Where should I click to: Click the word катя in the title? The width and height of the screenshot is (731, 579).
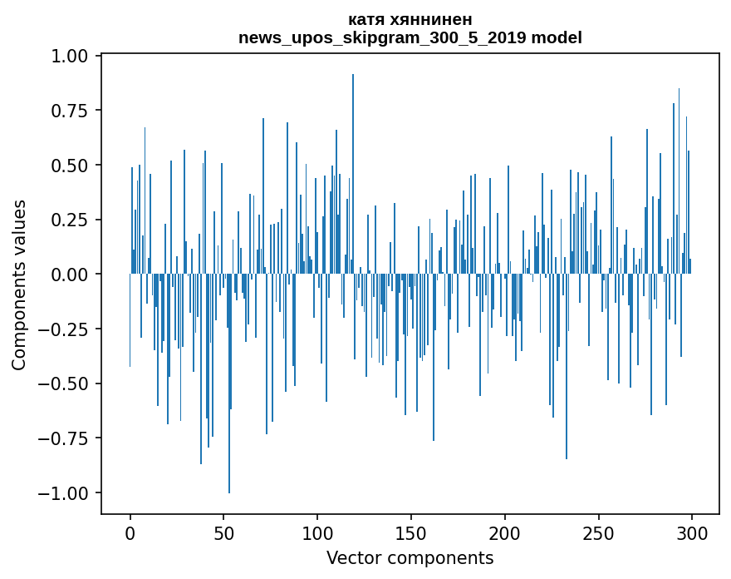[368, 20]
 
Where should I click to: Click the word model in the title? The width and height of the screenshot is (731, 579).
[557, 37]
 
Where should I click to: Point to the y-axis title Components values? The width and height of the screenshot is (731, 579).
[19, 285]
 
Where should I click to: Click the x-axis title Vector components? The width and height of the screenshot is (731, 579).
[410, 557]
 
